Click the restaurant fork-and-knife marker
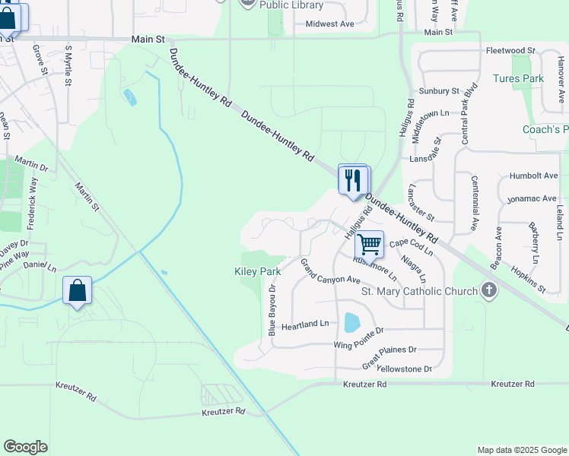353,180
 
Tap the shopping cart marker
369,245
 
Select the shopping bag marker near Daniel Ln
77,291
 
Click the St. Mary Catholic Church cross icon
488,290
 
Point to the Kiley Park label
257,271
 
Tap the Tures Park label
517,78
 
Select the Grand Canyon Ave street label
329,274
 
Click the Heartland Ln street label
305,325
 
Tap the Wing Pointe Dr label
359,335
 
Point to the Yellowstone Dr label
404,369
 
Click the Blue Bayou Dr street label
272,311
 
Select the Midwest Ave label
329,24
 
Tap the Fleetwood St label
510,50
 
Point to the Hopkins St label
529,280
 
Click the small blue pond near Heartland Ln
351,322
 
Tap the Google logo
25,447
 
